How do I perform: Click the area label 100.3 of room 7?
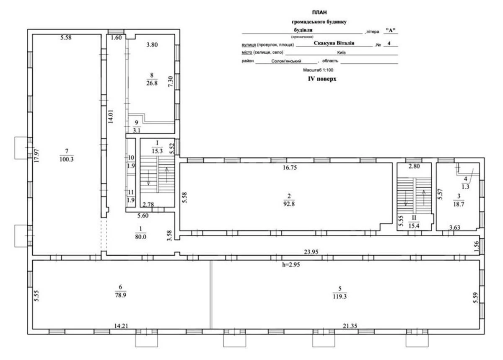63,159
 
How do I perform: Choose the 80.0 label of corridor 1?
140,236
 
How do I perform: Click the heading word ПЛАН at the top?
319,13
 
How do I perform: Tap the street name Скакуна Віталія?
334,42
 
